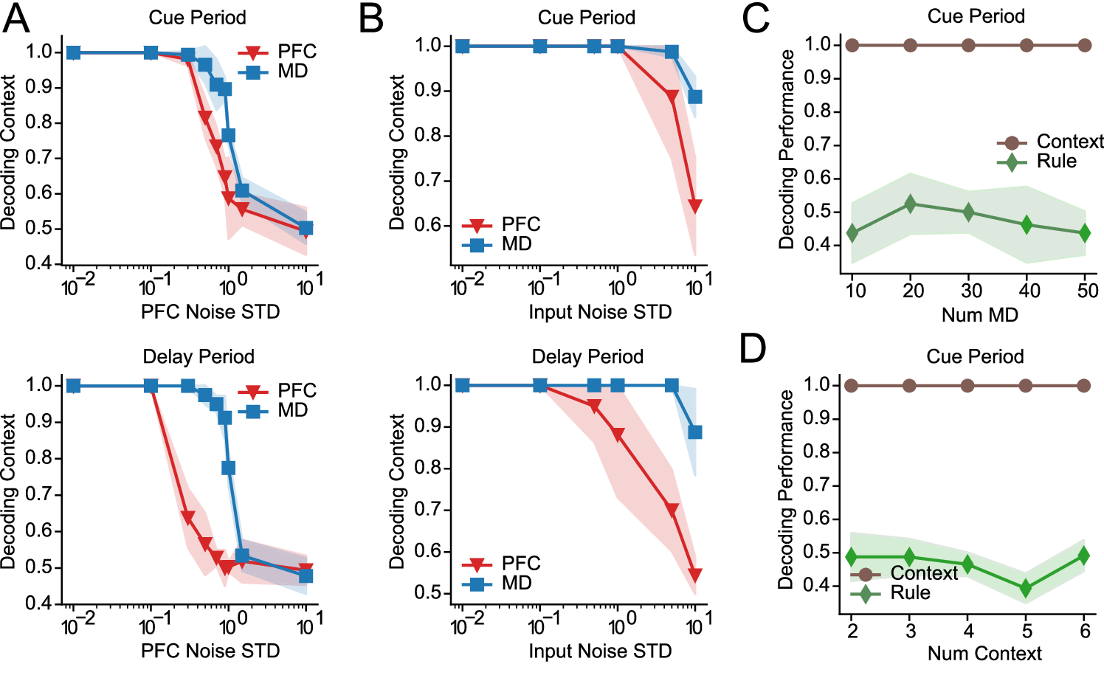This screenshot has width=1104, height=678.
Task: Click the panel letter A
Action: coord(16,18)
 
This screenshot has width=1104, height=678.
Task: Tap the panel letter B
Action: coord(371,18)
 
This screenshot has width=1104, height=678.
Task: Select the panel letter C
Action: coord(756,18)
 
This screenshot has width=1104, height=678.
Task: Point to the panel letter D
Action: coord(753,349)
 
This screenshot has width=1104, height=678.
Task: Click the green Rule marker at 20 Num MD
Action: coord(910,204)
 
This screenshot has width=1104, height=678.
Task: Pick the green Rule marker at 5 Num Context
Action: coord(1025,588)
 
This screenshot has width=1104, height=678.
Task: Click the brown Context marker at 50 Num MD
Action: coord(1084,45)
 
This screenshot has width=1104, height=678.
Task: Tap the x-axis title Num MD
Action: coord(979,315)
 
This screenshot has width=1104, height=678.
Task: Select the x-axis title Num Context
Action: coord(984,654)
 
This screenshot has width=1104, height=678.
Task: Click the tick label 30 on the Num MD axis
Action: coord(971,291)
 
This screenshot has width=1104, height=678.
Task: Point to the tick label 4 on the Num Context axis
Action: coord(968,631)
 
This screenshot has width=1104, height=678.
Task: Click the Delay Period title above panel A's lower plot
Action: coord(199,357)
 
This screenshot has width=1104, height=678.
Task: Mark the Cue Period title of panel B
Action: coord(586,18)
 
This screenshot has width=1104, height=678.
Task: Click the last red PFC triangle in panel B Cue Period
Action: coord(694,206)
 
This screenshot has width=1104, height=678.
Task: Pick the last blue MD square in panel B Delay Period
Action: coord(694,432)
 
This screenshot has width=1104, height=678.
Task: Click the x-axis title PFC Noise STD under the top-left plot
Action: coord(210,312)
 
